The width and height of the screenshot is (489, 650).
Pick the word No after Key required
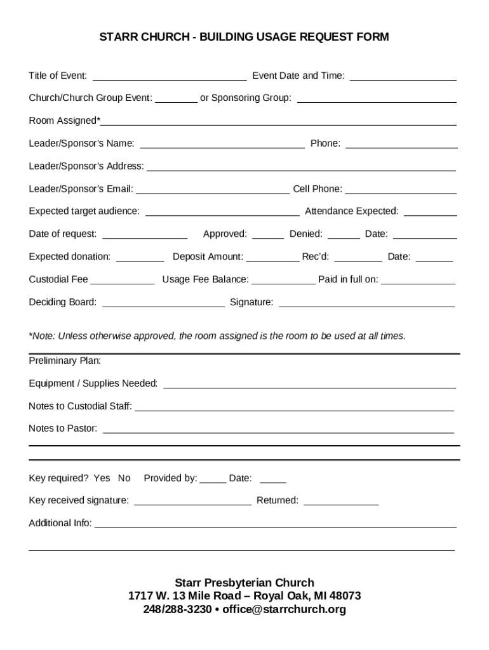pos(124,478)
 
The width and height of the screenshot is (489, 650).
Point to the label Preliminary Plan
pos(65,361)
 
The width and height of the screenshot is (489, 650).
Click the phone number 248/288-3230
pos(177,609)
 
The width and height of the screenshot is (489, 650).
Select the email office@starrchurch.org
pos(284,609)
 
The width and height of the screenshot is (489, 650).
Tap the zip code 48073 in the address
pos(344,596)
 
